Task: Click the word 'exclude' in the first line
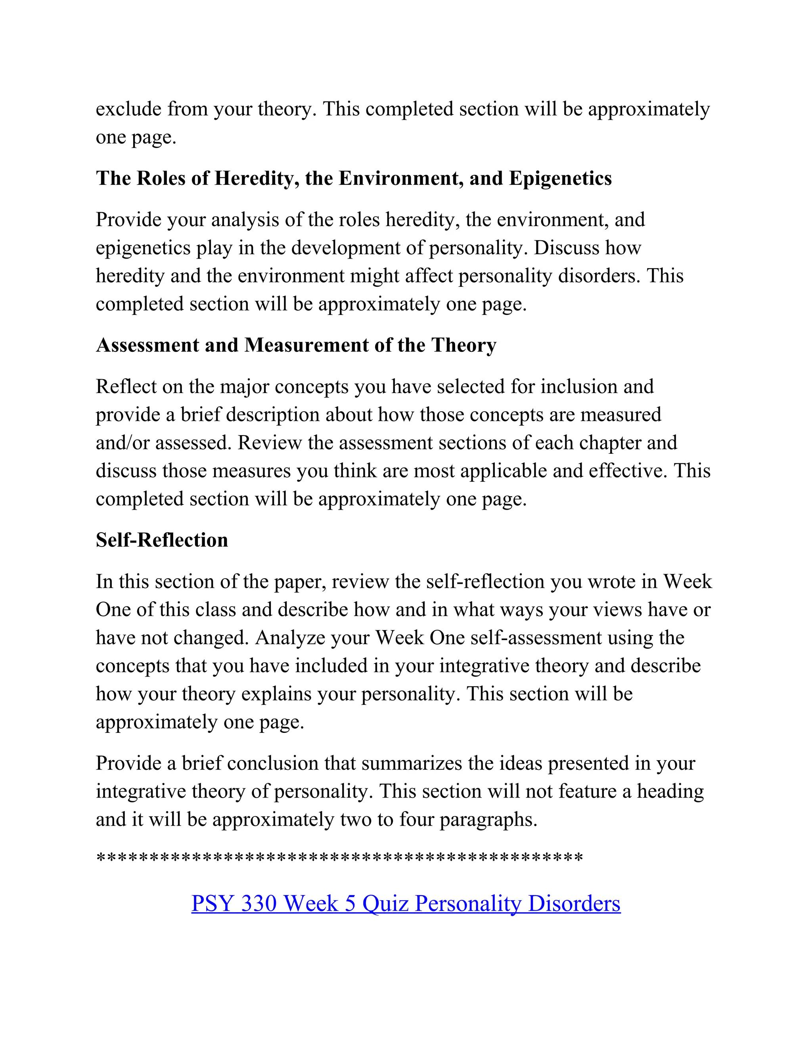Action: tap(128, 109)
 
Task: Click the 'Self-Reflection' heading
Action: tap(162, 540)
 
